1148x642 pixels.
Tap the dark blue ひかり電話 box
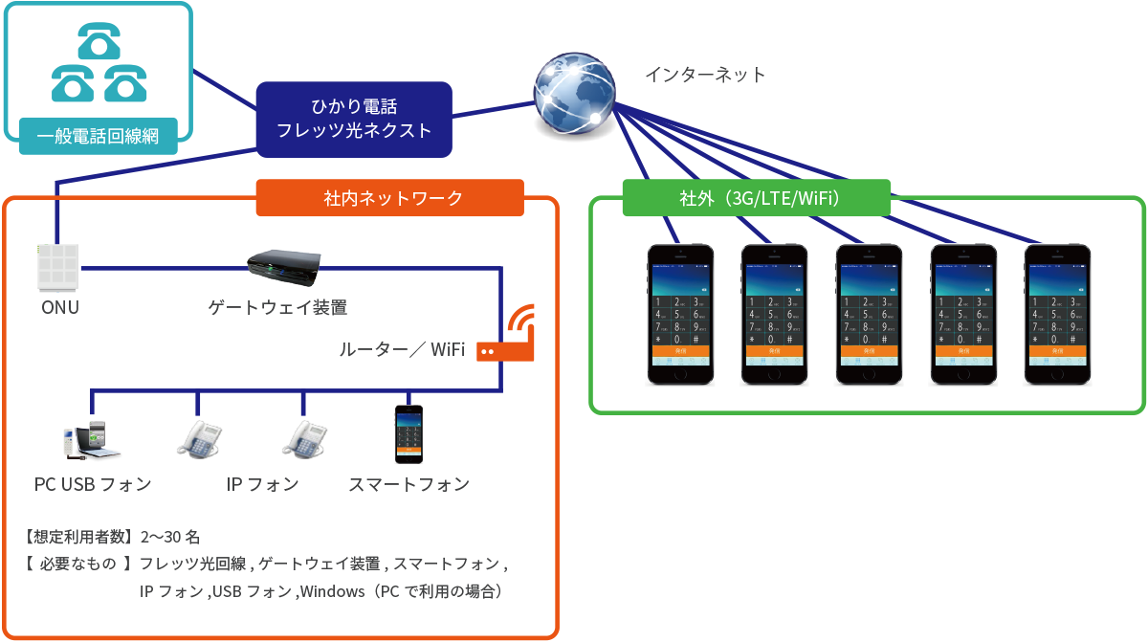[354, 119]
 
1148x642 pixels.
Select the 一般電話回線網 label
[98, 136]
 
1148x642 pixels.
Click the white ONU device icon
[57, 267]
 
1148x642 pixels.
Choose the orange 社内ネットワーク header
[390, 198]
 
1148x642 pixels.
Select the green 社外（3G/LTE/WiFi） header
[756, 198]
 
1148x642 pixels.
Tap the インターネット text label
[704, 75]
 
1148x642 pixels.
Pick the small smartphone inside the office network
[408, 434]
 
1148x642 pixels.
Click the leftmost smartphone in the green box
[680, 313]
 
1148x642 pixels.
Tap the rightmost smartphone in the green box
[1057, 313]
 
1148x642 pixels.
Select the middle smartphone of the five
[869, 313]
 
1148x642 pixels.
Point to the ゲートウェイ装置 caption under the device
[277, 308]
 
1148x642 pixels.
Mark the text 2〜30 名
[169, 536]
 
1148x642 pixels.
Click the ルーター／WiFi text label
[402, 350]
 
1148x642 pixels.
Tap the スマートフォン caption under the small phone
[408, 484]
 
